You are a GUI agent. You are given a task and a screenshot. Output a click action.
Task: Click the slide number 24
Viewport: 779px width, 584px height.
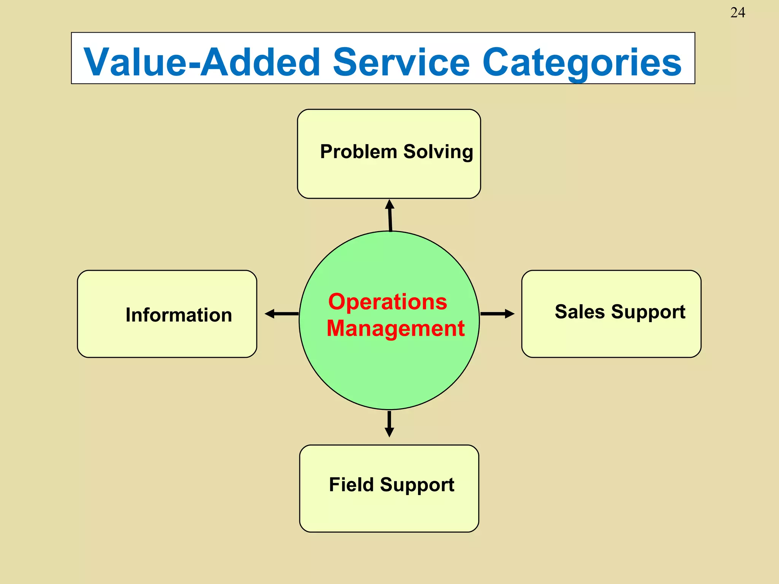[737, 13]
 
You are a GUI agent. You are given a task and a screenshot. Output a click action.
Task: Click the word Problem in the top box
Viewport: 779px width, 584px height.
[358, 152]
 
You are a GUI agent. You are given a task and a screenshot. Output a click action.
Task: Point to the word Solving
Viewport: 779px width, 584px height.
[438, 152]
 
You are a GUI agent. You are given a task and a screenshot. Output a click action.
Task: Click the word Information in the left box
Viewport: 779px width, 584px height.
[179, 315]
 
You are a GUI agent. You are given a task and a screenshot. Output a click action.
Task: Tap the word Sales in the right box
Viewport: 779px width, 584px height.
[579, 312]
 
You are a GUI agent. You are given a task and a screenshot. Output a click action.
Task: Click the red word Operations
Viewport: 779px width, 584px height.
[388, 302]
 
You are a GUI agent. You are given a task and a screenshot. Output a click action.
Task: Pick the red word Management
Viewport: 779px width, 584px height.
[396, 328]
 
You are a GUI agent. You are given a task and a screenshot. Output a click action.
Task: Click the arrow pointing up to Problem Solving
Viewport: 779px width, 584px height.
[390, 215]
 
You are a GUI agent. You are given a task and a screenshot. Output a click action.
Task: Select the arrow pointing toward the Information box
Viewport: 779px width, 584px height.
[281, 314]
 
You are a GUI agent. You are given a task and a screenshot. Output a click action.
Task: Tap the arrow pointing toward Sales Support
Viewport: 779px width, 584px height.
[497, 314]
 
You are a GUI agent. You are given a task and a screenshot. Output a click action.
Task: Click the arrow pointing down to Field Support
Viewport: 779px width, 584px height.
[389, 424]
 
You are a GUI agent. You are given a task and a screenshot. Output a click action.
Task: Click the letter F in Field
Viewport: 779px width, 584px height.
[334, 485]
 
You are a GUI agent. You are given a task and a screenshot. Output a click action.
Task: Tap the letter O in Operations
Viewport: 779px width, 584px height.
[337, 302]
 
